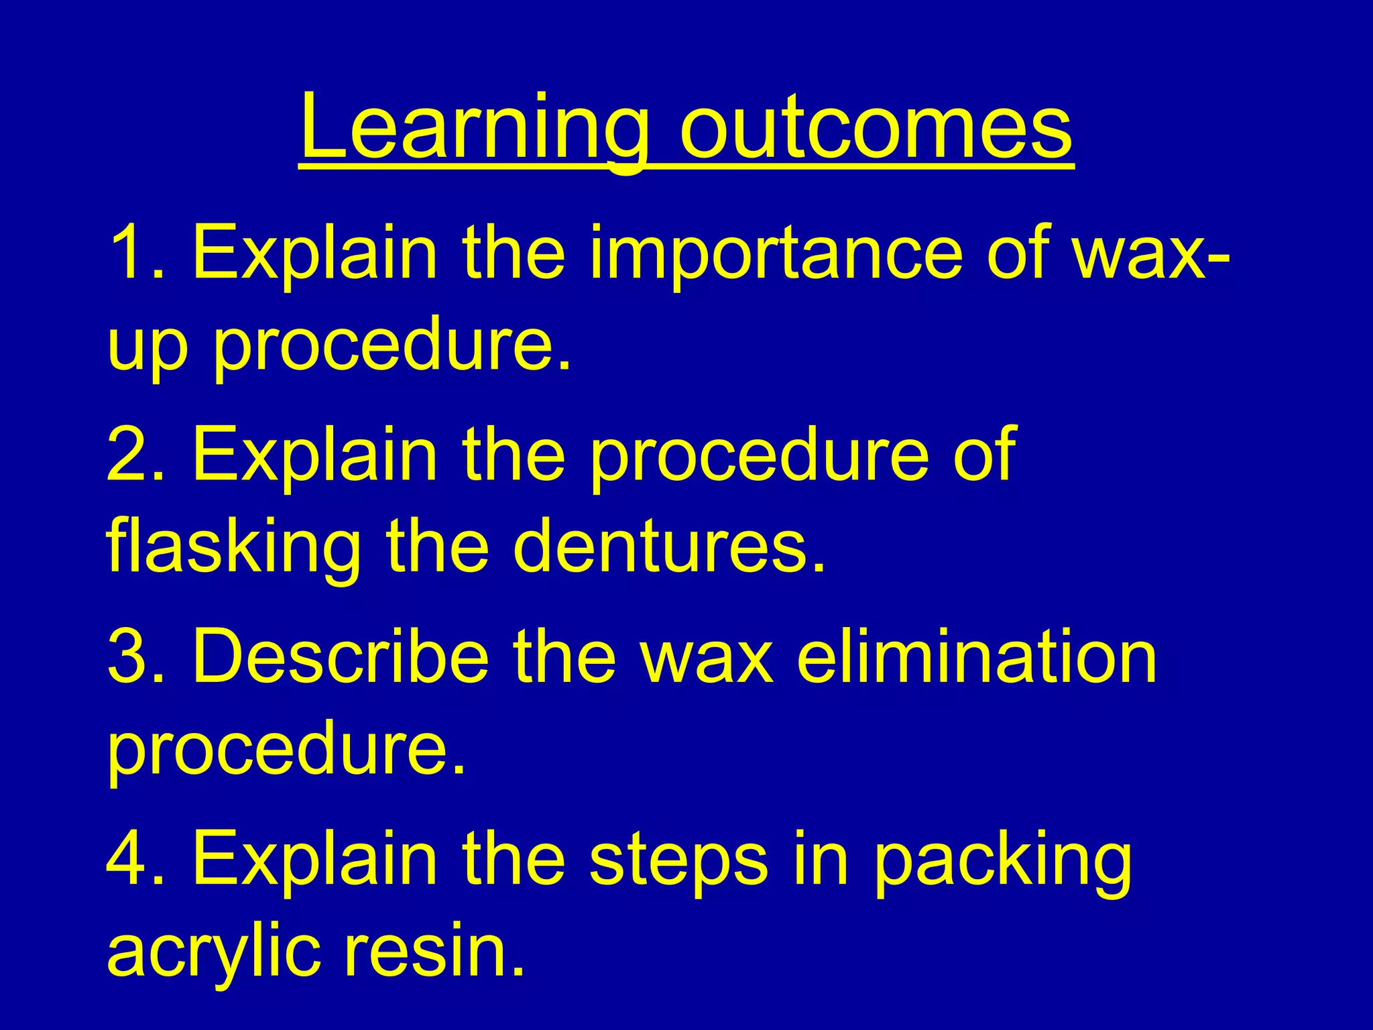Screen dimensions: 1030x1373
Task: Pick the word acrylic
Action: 214,952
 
